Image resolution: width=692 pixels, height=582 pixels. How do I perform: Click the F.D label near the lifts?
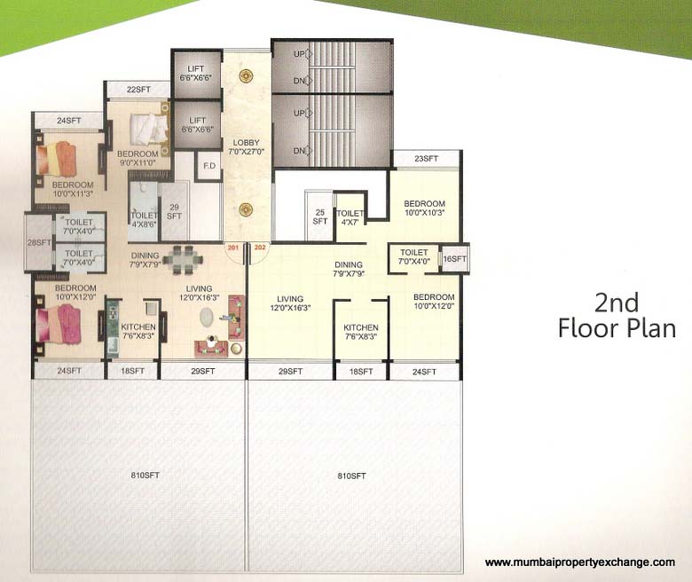[x=209, y=166]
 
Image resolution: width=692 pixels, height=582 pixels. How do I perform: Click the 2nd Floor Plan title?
[x=617, y=316]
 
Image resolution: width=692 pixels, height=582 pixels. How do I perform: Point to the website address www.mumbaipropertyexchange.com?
[x=580, y=562]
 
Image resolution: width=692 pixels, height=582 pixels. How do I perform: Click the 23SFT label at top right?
[x=427, y=159]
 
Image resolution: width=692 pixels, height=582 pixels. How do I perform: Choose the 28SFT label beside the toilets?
[x=38, y=242]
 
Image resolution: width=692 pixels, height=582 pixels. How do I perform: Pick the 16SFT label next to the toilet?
[x=454, y=258]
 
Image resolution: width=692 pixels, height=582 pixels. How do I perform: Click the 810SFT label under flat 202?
[x=352, y=476]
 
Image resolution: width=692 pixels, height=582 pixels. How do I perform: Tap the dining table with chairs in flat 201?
[x=186, y=260]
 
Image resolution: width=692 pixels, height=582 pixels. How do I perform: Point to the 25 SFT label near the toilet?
[x=319, y=217]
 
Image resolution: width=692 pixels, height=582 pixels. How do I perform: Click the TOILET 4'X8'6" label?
[x=144, y=220]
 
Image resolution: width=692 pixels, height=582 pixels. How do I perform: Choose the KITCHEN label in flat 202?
[x=361, y=332]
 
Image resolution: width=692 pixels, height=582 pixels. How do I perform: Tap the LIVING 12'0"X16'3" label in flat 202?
[x=290, y=304]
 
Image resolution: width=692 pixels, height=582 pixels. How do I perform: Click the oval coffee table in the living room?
[x=209, y=317]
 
